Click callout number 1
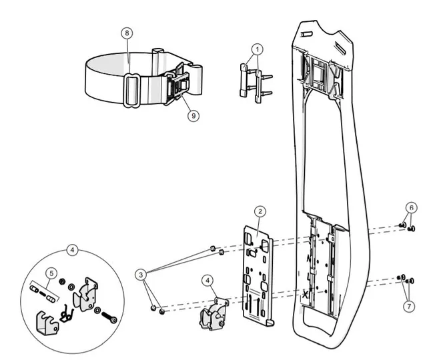258,49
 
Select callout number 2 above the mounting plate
261,211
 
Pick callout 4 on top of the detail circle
73,251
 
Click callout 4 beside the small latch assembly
209,281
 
